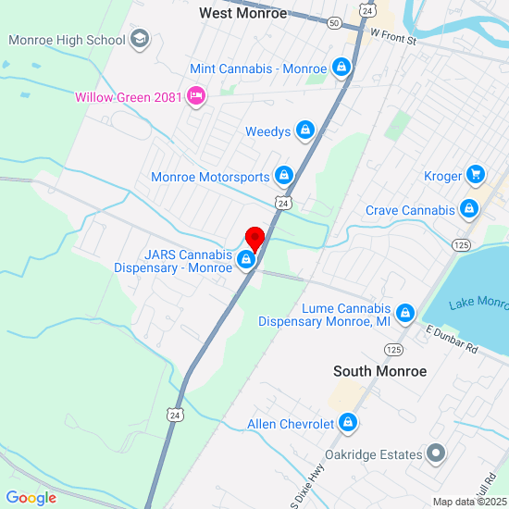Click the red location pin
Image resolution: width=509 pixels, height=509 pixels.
click(x=254, y=237)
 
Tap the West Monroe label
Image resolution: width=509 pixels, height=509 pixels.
click(x=243, y=13)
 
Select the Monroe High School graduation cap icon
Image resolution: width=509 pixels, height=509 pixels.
click(x=140, y=39)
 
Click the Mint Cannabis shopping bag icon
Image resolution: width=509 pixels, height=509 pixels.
click(x=341, y=68)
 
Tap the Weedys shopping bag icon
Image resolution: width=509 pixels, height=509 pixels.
click(x=304, y=131)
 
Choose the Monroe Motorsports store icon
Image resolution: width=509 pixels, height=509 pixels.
click(x=283, y=176)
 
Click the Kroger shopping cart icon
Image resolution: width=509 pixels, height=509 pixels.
click(x=476, y=175)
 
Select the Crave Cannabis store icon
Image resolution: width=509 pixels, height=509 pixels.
click(x=469, y=209)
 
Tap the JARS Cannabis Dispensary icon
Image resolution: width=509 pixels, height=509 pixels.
click(x=246, y=261)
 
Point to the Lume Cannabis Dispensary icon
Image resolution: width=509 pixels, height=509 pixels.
click(x=403, y=315)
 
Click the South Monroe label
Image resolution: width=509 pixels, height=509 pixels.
click(x=379, y=371)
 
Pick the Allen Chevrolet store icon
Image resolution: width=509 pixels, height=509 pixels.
click(x=347, y=424)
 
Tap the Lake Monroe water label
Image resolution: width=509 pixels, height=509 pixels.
click(x=478, y=304)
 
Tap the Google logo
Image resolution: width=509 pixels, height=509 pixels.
click(x=31, y=498)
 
